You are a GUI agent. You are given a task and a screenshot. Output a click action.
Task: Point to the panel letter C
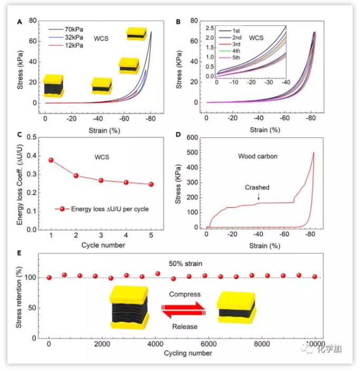tap(20, 134)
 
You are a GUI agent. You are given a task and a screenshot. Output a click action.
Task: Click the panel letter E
tap(20, 253)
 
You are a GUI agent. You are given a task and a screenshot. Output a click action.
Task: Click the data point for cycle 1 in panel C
tap(51, 160)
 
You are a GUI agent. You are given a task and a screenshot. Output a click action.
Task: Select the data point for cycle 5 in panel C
tap(151, 184)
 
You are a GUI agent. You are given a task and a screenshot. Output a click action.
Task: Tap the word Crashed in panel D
tap(257, 188)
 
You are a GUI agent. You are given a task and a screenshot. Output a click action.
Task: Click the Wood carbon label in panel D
tap(257, 156)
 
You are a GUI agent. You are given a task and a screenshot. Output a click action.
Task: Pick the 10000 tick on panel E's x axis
tap(315, 344)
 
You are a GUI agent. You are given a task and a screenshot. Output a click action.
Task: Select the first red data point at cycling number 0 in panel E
tap(49, 277)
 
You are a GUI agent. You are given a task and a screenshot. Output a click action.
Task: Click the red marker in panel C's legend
tap(62, 209)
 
